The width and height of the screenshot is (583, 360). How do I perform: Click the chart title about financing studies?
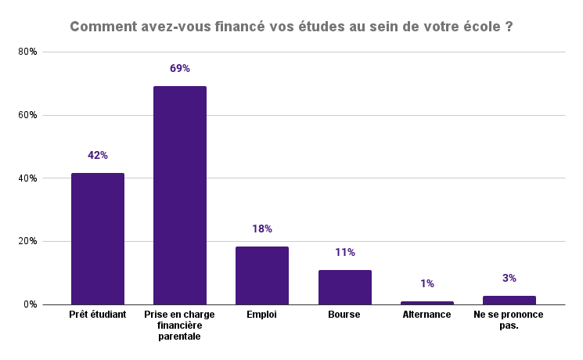[291, 26]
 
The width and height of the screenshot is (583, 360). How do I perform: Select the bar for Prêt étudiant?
[98, 239]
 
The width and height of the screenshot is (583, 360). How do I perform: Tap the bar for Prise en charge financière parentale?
[180, 196]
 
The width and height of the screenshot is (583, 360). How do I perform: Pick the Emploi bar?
[262, 275]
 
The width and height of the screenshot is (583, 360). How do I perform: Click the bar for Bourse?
[344, 287]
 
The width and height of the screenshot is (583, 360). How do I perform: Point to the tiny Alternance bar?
[427, 303]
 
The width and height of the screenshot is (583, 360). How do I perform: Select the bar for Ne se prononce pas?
[509, 300]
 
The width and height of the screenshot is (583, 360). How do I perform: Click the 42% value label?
[98, 156]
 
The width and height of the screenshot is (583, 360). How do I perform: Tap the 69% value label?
[180, 69]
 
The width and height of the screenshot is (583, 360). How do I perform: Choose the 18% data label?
[262, 229]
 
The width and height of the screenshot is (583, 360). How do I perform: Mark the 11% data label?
[344, 253]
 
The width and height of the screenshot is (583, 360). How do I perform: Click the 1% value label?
[427, 284]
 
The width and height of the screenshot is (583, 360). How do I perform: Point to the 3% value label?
[509, 278]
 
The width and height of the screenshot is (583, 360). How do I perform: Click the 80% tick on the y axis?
[28, 52]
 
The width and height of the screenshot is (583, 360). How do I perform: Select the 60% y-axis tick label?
[28, 115]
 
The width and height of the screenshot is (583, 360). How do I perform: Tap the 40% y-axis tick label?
[28, 178]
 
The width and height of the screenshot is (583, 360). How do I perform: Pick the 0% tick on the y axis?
[31, 304]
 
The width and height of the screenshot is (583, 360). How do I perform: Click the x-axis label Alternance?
[427, 315]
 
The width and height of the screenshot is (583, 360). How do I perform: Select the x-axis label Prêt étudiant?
[98, 315]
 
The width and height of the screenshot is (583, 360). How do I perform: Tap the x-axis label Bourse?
[344, 315]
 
